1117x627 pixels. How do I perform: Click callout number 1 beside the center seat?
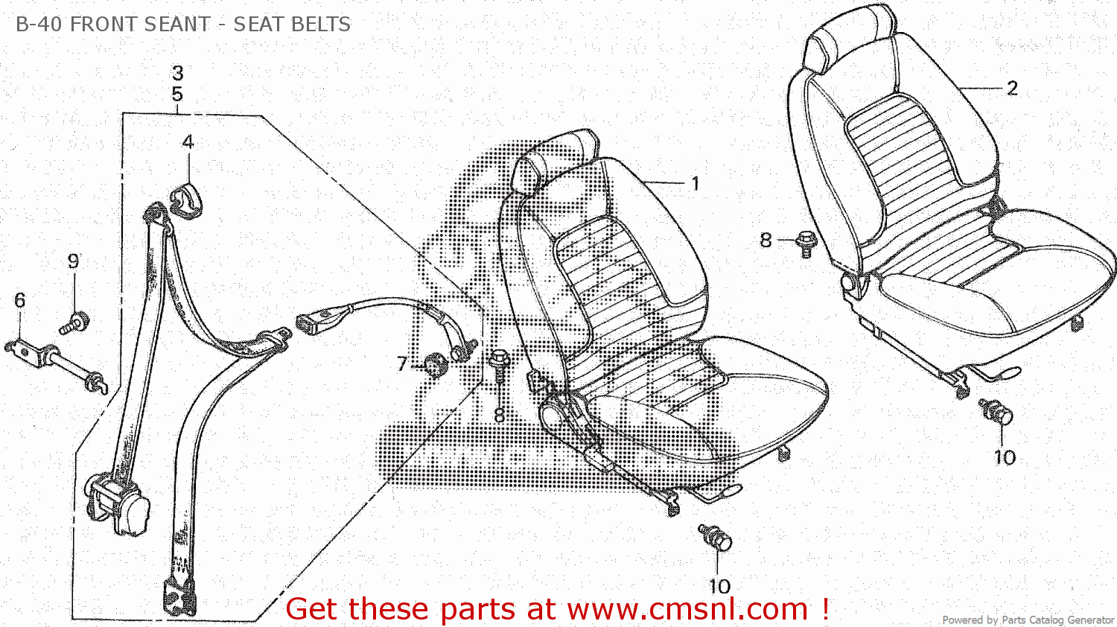[695, 183]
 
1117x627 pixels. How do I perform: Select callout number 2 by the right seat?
[1012, 89]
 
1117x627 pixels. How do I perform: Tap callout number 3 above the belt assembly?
[177, 73]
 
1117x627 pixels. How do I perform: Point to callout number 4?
[188, 141]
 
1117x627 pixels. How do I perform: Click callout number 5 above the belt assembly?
[177, 95]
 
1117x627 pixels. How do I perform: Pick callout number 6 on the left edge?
[19, 300]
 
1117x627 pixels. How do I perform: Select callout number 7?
[402, 363]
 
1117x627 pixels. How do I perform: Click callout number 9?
[73, 261]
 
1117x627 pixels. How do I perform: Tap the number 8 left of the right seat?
[766, 240]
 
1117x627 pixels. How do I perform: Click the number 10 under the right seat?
[1005, 456]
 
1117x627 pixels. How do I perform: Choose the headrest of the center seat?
[555, 160]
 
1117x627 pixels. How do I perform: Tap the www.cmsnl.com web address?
[687, 609]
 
